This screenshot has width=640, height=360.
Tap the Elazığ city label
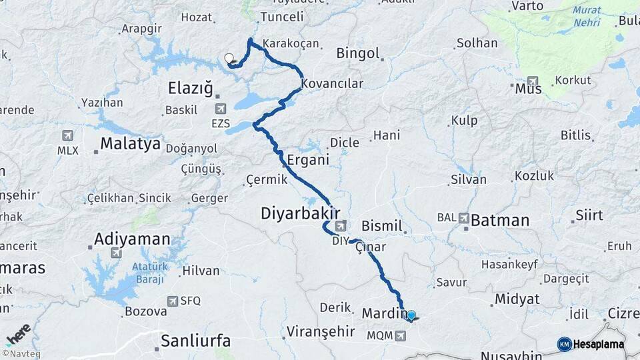[x=190, y=87]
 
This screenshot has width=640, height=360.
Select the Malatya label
[x=130, y=143]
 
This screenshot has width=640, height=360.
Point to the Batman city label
[x=500, y=221]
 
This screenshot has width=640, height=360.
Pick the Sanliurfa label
[x=195, y=341]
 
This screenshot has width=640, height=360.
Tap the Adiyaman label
[x=131, y=239]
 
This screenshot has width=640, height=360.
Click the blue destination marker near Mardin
[x=411, y=315]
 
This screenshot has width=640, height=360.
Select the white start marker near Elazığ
[x=229, y=58]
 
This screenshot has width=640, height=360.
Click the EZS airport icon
[x=221, y=108]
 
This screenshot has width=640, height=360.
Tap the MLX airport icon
[x=67, y=136]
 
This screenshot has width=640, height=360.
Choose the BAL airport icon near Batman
[x=463, y=218]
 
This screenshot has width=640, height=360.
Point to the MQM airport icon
[x=400, y=335]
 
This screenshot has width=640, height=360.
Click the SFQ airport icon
[x=173, y=301]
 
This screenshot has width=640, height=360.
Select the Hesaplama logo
[x=591, y=344]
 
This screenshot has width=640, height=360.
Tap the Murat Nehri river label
[x=586, y=17]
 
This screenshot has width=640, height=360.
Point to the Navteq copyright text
[x=21, y=354]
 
